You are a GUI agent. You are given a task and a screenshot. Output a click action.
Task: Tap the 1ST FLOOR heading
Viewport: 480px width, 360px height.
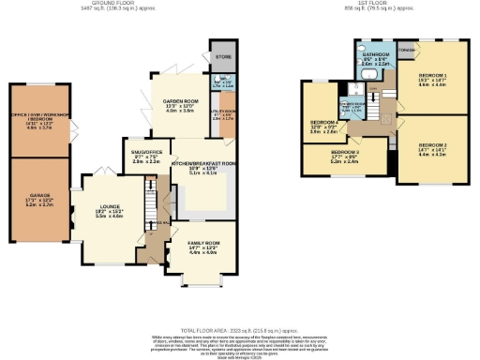(368, 4)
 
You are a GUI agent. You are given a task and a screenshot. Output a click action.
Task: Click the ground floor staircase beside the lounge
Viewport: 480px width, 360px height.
(151, 199)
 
